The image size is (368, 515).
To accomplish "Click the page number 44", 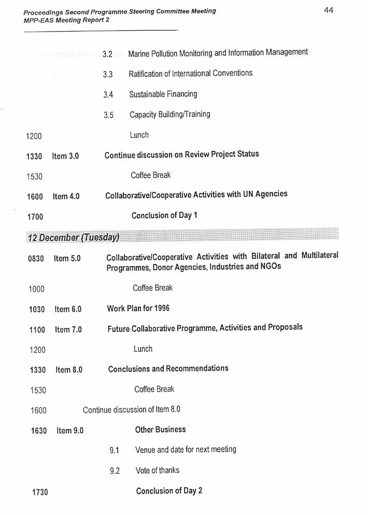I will pyautogui.click(x=329, y=10).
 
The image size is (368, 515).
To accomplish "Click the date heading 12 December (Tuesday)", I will pyautogui.click(x=74, y=237).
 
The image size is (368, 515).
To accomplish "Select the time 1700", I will pyautogui.click(x=35, y=217).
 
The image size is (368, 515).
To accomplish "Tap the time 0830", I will pyautogui.click(x=36, y=258).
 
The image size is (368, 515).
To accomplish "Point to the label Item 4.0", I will pyautogui.click(x=66, y=197).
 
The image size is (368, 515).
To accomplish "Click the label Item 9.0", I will pyautogui.click(x=70, y=430).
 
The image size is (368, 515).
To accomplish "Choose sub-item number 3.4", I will pyautogui.click(x=108, y=95).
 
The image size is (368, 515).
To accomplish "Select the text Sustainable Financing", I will pyautogui.click(x=163, y=94).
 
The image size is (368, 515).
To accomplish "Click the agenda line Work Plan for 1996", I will pyautogui.click(x=138, y=309).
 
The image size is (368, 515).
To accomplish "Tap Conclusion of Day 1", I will pyautogui.click(x=164, y=215).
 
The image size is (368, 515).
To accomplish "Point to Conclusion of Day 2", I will pyautogui.click(x=169, y=491).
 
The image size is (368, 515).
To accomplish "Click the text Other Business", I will pyautogui.click(x=160, y=429).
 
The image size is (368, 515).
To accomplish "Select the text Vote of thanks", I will pyautogui.click(x=158, y=470).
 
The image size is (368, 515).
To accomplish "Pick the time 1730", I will pyautogui.click(x=40, y=492).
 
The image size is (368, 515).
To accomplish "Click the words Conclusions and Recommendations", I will pyautogui.click(x=168, y=369).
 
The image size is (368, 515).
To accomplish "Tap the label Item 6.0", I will pyautogui.click(x=68, y=310).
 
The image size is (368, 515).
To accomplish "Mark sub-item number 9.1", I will pyautogui.click(x=115, y=451).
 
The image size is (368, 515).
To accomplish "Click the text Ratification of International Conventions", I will pyautogui.click(x=190, y=74).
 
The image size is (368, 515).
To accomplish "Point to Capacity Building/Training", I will pyautogui.click(x=169, y=115).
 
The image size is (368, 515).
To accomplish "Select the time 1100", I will pyautogui.click(x=37, y=330).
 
